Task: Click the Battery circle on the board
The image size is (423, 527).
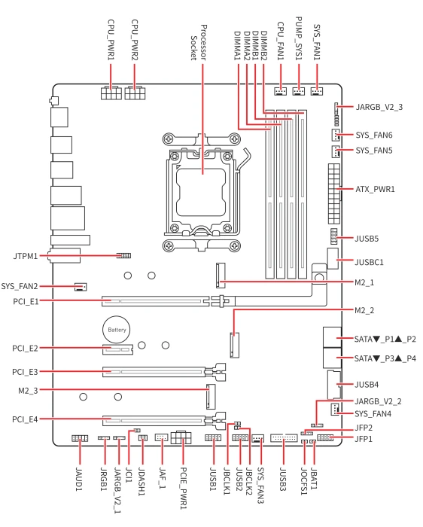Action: (116, 330)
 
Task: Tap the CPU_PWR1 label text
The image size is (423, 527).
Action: (111, 40)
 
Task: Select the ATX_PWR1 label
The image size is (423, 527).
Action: (375, 189)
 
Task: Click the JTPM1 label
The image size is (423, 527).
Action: (25, 256)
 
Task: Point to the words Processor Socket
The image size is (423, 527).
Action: (198, 42)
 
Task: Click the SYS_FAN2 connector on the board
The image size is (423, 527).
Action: (81, 287)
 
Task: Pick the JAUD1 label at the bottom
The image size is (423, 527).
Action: (79, 479)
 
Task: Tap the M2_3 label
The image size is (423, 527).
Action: (28, 391)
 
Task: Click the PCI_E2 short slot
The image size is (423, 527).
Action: (117, 349)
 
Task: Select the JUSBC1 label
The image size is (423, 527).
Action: (369, 262)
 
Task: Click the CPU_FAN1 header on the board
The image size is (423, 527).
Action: (281, 91)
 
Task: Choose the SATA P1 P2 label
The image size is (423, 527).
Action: (385, 339)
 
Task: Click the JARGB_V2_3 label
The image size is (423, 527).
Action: (379, 107)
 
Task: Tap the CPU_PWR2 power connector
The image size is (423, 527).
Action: (135, 93)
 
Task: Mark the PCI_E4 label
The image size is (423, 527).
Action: (25, 419)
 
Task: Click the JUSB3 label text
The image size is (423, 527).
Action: (283, 479)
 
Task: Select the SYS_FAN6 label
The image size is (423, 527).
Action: (374, 135)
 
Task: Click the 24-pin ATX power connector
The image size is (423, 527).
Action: (334, 194)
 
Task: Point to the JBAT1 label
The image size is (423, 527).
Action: (314, 478)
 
